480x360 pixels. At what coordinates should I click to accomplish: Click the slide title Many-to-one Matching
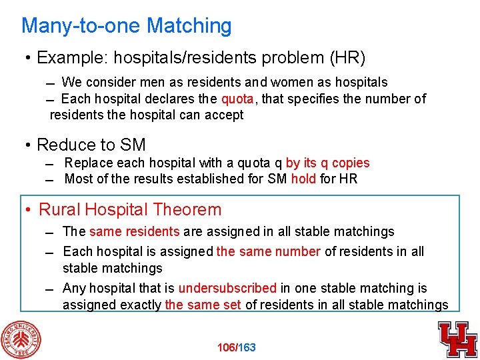click(127, 26)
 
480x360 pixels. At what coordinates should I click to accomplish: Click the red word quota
click(237, 99)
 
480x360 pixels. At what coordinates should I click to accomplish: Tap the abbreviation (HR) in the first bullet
click(347, 58)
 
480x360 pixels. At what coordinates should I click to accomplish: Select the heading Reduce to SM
click(91, 145)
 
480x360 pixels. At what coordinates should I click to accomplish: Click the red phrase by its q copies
click(327, 163)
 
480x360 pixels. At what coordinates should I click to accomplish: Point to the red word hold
click(304, 179)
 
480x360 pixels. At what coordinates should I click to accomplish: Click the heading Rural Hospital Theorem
click(130, 209)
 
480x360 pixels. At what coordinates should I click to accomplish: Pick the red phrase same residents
click(134, 232)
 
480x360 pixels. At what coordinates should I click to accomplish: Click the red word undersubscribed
click(227, 288)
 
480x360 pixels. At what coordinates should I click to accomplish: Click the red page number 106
click(227, 347)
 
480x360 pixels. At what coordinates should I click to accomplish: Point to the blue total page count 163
click(247, 347)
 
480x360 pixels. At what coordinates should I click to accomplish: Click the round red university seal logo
click(21, 339)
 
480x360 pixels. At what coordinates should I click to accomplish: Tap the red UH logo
click(457, 339)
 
